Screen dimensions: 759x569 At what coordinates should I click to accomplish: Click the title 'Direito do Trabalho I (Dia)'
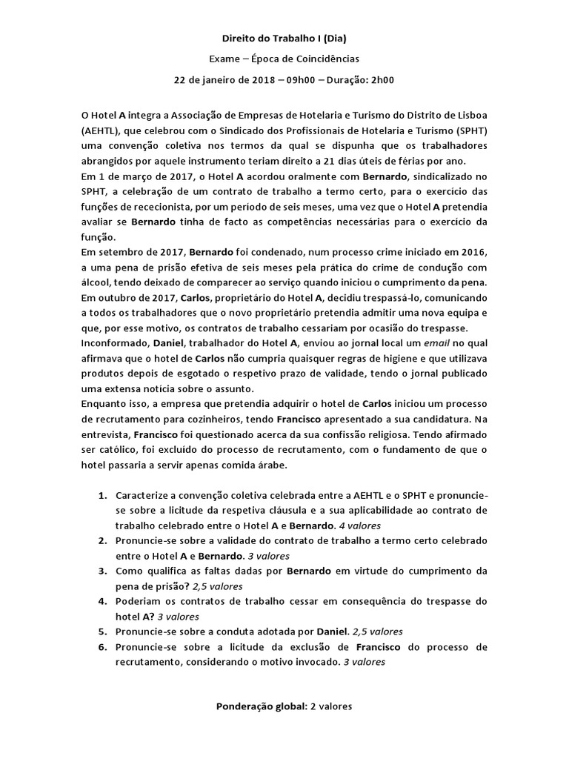click(284, 38)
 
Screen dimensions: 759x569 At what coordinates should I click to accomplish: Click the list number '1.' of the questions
click(103, 495)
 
